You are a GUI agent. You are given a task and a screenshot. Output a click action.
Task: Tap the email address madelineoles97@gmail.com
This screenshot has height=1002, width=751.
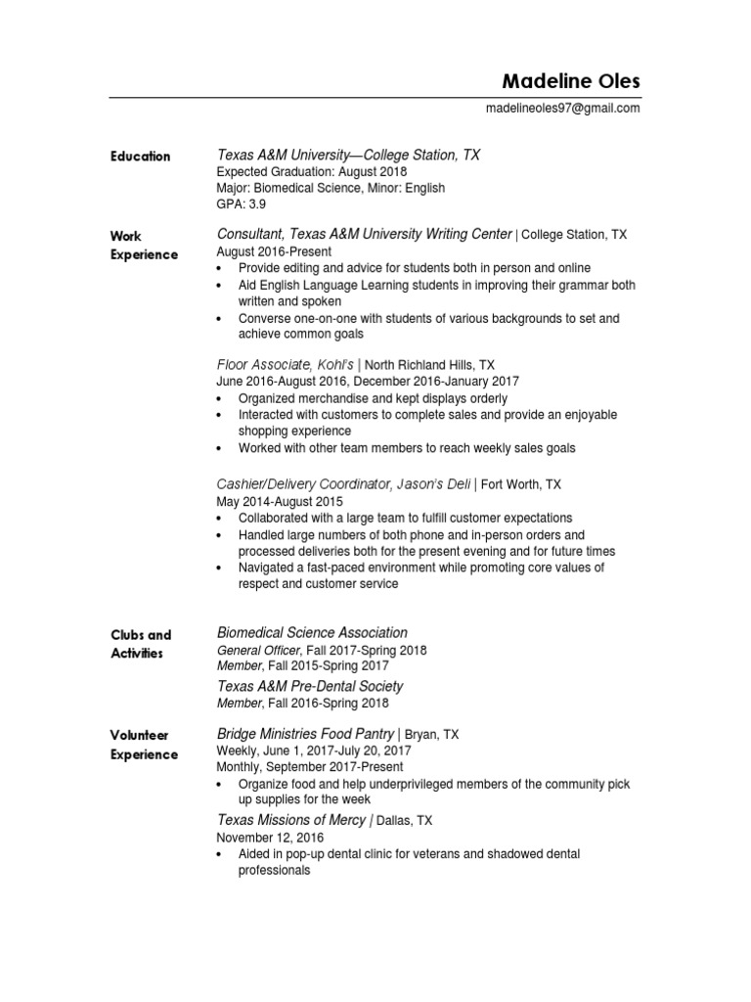(562, 109)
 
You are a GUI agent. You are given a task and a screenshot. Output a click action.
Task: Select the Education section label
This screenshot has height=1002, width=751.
(140, 157)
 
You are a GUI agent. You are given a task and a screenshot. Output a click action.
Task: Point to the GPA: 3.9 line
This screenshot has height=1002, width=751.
(241, 205)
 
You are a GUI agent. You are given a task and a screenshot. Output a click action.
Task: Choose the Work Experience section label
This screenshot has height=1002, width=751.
(144, 246)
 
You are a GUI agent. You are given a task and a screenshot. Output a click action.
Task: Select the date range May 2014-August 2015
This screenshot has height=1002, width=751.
(279, 500)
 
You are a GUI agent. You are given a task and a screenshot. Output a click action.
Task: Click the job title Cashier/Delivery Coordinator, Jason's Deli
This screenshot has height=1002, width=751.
(344, 483)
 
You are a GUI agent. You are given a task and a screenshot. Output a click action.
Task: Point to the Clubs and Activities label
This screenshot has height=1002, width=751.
(141, 644)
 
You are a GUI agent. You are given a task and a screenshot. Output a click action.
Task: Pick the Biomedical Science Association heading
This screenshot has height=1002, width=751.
(312, 633)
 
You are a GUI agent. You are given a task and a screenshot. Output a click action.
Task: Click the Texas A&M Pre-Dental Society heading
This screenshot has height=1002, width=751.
(309, 686)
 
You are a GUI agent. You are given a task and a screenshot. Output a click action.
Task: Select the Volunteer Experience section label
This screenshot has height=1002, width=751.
(144, 745)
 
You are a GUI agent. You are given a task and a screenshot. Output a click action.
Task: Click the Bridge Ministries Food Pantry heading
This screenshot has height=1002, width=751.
(305, 733)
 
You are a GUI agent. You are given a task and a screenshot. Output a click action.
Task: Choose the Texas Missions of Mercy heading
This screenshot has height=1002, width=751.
(290, 820)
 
